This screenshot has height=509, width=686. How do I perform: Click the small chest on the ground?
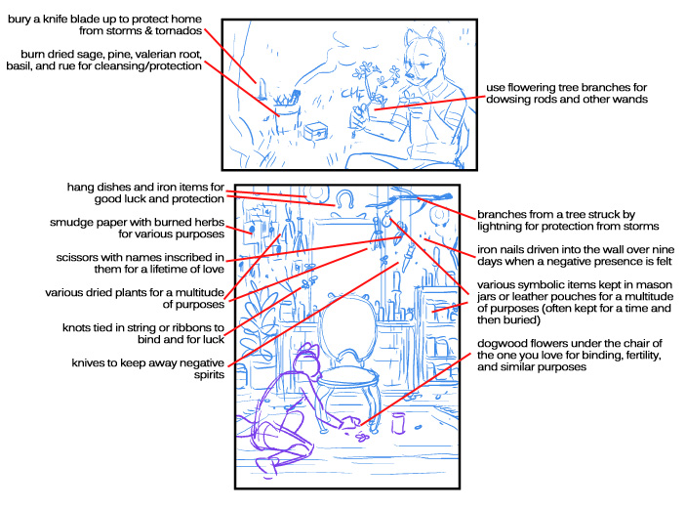coord(316,131)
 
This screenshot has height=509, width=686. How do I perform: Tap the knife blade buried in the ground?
coord(262,89)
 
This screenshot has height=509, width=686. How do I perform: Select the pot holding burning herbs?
coord(287,117)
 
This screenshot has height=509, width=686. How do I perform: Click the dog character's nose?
coord(410,75)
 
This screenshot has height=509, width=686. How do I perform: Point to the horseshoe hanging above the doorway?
coord(344,198)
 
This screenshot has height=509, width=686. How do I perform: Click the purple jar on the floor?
coord(398,423)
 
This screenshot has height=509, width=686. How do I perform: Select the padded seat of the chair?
coord(348,377)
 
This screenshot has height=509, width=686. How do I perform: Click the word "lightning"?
coord(497,227)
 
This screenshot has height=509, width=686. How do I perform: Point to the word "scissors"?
coord(75,257)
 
